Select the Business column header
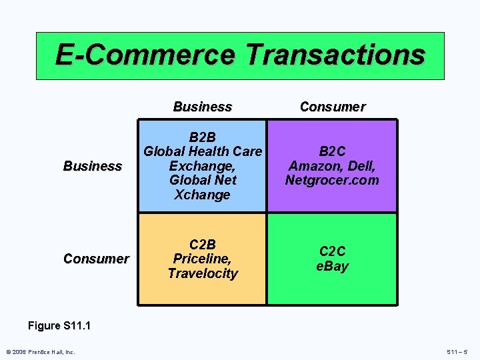pos(202,107)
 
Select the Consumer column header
pos(332,107)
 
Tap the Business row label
pos(93,166)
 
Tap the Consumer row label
pos(96,259)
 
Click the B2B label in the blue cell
pos(203,137)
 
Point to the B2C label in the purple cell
pos(332,151)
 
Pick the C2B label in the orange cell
pos(203,244)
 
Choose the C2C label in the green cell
pos(332,251)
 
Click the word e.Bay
pos(332,266)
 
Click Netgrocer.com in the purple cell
pos(332,180)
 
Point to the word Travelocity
pos(203,273)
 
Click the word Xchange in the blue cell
pos(203,195)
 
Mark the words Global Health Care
pos(203,151)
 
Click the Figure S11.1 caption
pos(59,326)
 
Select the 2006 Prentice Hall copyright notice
pos(41,352)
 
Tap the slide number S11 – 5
pos(456,352)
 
